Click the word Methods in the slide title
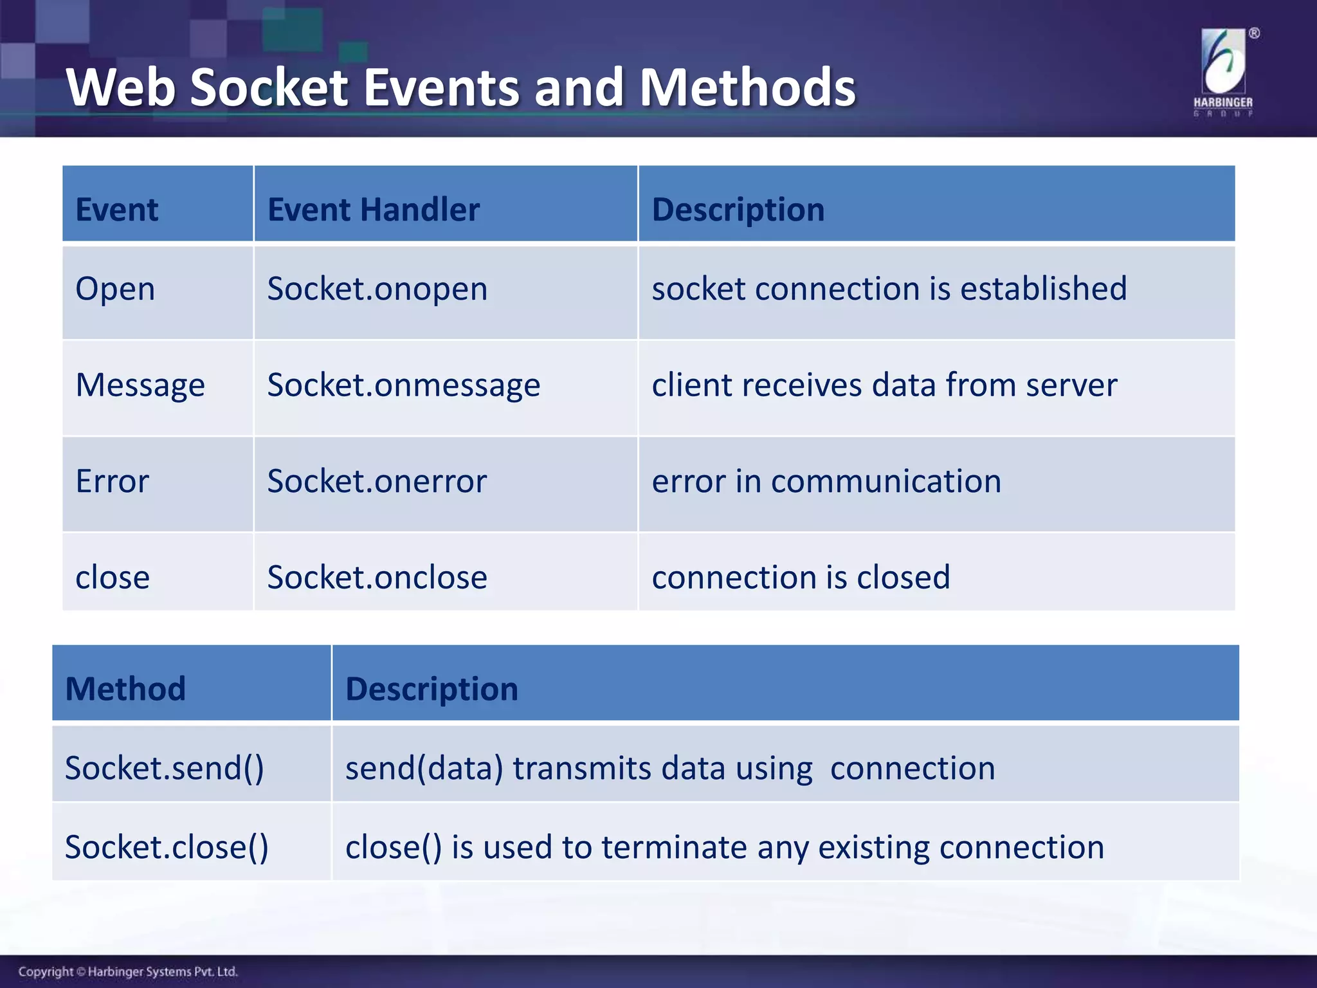click(747, 88)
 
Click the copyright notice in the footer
click(128, 971)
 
